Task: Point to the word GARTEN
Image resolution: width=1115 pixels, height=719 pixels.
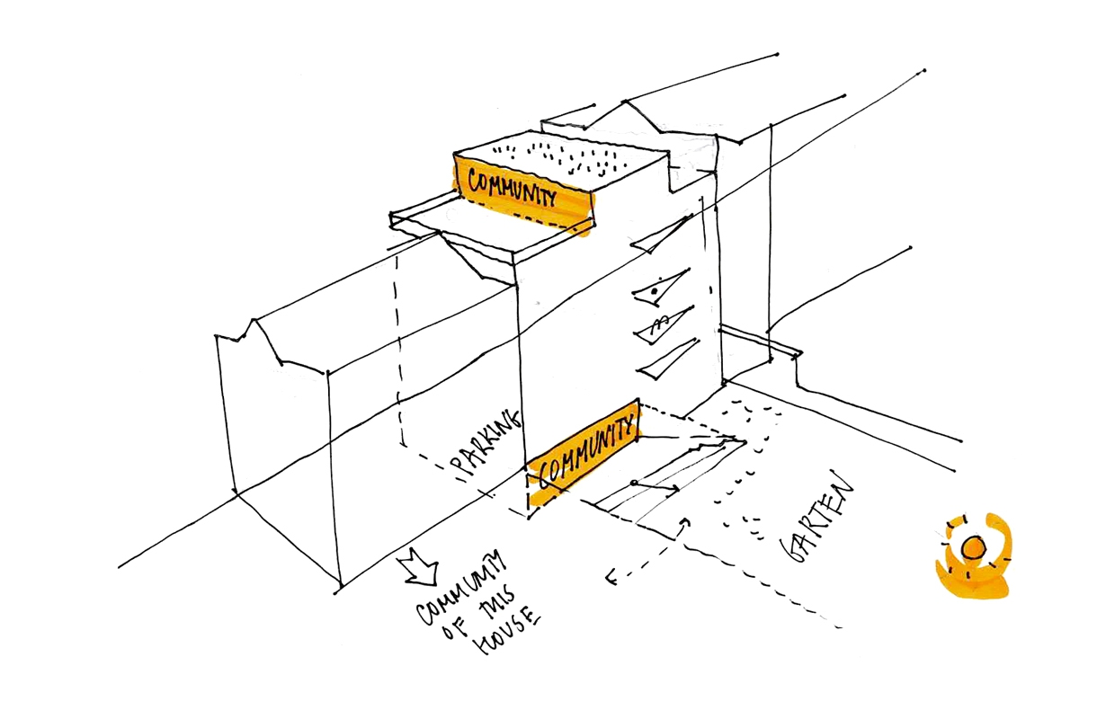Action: click(x=822, y=520)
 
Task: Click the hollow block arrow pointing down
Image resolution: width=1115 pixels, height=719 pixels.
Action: click(x=420, y=567)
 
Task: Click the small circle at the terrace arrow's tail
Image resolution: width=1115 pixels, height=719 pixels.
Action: click(x=634, y=484)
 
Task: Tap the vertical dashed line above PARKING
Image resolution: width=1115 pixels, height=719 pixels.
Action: click(x=397, y=351)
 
